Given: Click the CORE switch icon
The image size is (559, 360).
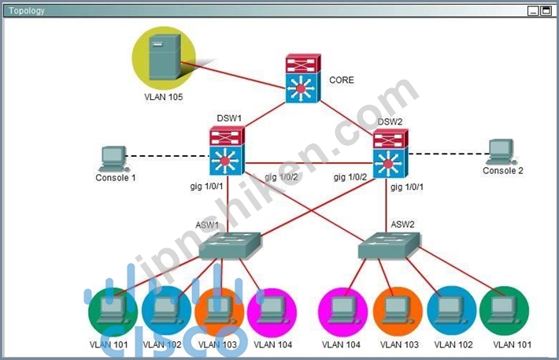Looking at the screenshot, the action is pos(303,79).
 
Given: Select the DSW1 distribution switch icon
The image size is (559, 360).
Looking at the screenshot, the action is pos(227,151).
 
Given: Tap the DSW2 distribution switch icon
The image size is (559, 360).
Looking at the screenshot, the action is pos(391,154).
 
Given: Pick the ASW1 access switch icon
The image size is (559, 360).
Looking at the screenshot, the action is pos(230,246).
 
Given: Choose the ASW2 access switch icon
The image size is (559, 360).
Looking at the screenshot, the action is pos(389,246).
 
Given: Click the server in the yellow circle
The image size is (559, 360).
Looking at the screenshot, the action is pos(165,57).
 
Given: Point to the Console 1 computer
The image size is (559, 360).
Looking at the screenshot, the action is pos(114,159).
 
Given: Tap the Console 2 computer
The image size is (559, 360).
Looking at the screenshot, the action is pos(502,152).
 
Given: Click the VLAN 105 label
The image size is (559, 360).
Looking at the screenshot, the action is pos(163,97).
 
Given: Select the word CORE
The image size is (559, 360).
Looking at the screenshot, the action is pos(342,80).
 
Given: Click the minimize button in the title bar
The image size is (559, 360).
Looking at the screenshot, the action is pos(533,11).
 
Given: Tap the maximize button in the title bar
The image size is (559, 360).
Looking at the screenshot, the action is pos(546,11).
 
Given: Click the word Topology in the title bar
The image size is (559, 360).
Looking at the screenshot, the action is pos(27,11).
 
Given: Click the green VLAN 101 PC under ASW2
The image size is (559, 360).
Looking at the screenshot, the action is pos(504,310).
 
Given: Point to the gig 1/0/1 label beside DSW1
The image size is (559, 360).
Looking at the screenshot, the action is pos(206,186).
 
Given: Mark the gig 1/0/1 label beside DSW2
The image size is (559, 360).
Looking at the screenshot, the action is pos(407,187).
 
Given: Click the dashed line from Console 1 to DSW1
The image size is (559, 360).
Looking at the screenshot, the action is pos(167,156).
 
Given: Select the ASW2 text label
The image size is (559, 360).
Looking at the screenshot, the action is pos(402,225).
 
